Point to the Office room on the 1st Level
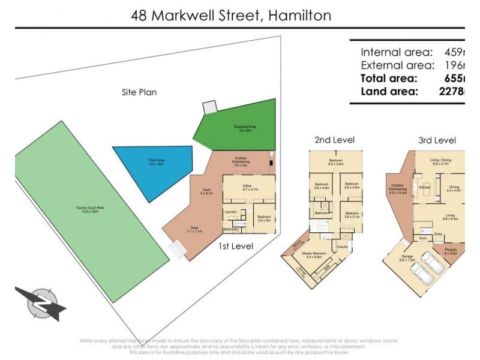point(246,188)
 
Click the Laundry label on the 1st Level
point(230,212)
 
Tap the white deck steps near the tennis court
point(176,249)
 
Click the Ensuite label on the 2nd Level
point(343,247)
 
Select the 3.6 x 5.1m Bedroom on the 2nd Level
point(352,215)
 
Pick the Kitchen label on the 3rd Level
point(425,188)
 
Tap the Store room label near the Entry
point(422,238)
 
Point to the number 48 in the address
point(139,15)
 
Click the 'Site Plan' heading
point(139,92)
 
